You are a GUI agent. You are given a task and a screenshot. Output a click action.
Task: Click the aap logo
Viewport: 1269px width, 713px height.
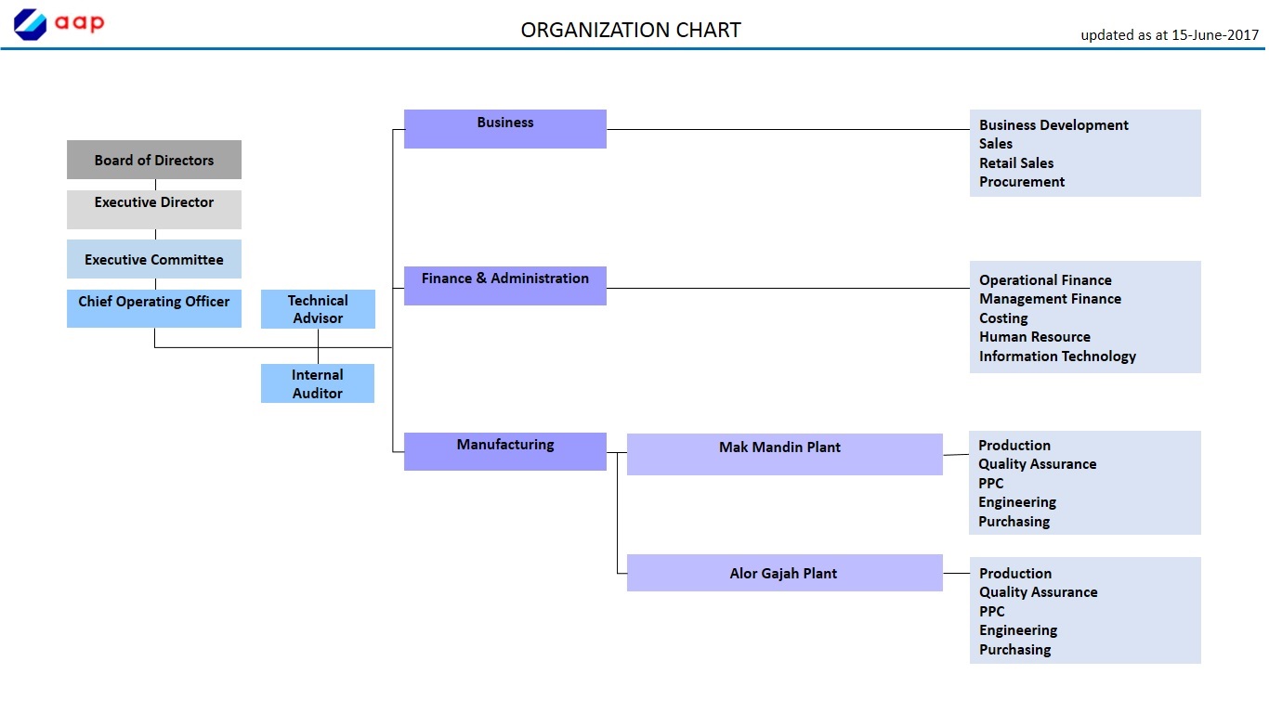[59, 24]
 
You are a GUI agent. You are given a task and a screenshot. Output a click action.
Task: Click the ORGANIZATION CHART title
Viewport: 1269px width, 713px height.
[631, 30]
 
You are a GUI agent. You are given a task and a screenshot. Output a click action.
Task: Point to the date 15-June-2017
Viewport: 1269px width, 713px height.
[1215, 35]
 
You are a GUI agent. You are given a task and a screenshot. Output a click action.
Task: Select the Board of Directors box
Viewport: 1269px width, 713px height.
[154, 160]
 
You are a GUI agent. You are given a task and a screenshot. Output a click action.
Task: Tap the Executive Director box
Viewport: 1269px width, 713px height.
[154, 209]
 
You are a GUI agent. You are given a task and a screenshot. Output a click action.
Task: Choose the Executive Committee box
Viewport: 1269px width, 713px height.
[154, 259]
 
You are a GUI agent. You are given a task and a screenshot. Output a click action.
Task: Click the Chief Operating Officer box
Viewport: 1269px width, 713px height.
[154, 308]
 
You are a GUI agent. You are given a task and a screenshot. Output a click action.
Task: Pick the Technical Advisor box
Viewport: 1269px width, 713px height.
[318, 309]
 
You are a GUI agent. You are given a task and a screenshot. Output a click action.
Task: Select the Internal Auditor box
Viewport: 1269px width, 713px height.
[318, 383]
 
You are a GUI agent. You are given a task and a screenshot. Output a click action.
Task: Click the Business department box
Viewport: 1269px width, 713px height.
[505, 129]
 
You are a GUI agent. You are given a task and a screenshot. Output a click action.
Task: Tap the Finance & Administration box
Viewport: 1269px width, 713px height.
[505, 286]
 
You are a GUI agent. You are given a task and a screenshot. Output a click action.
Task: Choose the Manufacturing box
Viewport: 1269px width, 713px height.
[505, 451]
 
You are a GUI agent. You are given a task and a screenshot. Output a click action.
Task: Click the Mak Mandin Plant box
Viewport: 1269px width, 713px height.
[784, 454]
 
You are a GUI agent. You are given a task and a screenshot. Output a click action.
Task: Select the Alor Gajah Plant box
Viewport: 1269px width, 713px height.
[784, 573]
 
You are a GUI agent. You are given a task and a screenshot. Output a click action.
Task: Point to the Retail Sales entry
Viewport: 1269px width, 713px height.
[1016, 162]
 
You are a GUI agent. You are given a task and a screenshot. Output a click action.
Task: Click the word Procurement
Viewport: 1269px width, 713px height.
[1022, 182]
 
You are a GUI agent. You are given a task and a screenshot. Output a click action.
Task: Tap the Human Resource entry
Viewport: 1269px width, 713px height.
[1035, 337]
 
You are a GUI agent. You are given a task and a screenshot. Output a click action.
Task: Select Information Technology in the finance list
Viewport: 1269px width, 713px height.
[1057, 356]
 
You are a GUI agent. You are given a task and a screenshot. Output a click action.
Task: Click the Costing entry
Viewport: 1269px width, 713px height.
[1003, 318]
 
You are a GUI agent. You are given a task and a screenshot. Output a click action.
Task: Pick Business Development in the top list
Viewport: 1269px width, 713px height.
[1053, 125]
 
